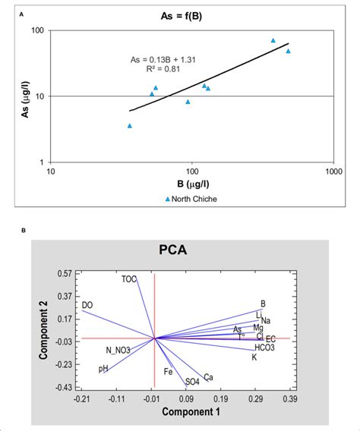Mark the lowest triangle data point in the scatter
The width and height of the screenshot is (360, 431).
130,126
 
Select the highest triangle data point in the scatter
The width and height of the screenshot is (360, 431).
273,40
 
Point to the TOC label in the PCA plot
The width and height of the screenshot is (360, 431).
129,279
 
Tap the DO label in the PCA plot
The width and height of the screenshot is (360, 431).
87,305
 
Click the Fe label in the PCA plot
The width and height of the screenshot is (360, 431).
169,373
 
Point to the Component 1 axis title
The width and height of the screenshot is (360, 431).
181,413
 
